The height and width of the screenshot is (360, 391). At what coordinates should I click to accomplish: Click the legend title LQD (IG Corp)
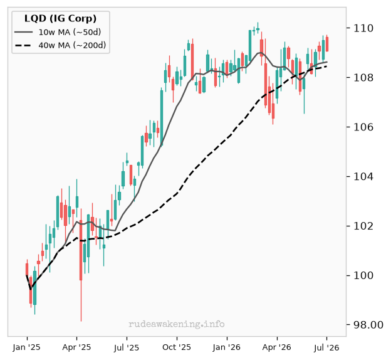coord(60,19)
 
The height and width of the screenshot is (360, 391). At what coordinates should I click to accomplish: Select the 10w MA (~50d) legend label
coord(70,32)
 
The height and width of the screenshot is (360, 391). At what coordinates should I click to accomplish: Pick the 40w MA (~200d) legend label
coord(72,45)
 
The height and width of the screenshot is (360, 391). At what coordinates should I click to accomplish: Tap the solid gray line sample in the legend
coord(23,32)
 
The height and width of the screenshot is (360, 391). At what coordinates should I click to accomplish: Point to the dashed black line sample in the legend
coord(23,45)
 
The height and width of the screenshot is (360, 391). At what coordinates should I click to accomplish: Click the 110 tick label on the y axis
coord(363,28)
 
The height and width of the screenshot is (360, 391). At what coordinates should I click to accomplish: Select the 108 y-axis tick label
coord(363,78)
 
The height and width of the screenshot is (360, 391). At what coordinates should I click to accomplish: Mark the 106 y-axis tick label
coord(363,127)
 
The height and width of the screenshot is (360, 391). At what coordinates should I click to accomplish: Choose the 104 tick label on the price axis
coord(363,177)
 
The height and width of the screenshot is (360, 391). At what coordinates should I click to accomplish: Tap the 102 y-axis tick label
coord(363,226)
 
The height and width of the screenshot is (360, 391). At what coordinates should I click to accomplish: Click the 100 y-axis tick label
coord(363,275)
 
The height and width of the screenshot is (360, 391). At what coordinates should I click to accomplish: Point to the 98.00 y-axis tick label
coord(368,325)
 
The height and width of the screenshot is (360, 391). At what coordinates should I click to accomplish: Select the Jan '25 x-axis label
coord(27,347)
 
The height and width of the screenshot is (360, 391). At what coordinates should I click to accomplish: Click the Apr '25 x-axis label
coord(76,347)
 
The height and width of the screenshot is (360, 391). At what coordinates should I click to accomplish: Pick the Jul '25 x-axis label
coord(127,347)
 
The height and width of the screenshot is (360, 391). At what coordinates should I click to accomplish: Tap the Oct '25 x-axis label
coord(177,347)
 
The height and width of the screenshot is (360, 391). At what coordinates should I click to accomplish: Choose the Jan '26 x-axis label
coord(227,347)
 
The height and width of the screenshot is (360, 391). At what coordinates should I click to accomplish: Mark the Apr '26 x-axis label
coord(277,347)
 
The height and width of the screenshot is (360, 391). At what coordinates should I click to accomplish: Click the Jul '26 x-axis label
coord(326,347)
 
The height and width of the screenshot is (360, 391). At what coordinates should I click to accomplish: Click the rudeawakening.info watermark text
coord(177,324)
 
